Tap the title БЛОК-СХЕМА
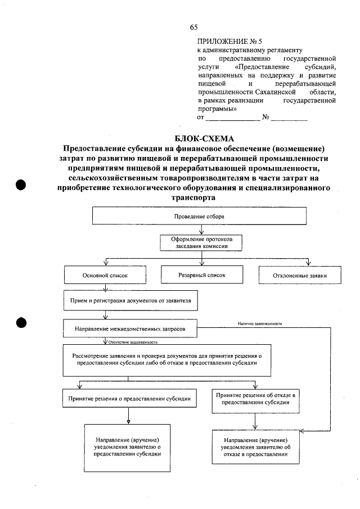[196, 138]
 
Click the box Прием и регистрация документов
[129, 301]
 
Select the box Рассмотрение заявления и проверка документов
[167, 359]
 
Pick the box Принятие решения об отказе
[256, 399]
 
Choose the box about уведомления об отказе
[256, 447]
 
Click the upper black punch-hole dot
[22, 186]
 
